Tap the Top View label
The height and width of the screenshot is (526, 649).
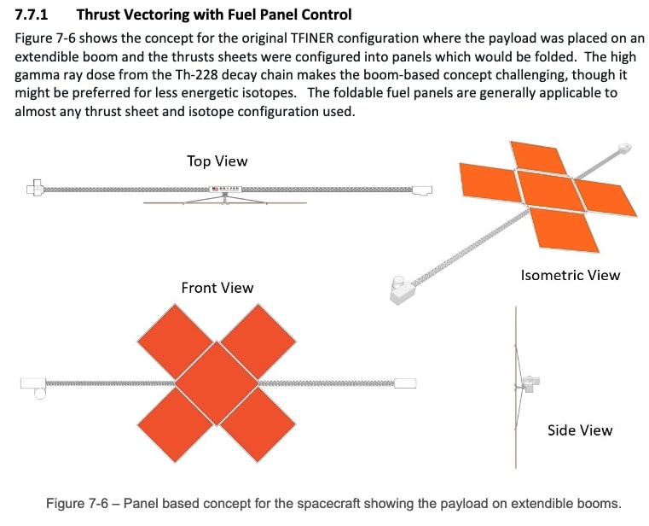pyautogui.click(x=217, y=161)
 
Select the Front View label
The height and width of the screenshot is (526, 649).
pyautogui.click(x=217, y=288)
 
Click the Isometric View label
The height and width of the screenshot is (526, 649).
pyautogui.click(x=570, y=275)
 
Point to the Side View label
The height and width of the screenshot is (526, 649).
pyautogui.click(x=579, y=430)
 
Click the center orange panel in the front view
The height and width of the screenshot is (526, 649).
pyautogui.click(x=217, y=383)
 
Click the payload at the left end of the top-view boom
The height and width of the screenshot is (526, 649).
pyautogui.click(x=35, y=187)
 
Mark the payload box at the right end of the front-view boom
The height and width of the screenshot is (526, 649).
pyautogui.click(x=406, y=383)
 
